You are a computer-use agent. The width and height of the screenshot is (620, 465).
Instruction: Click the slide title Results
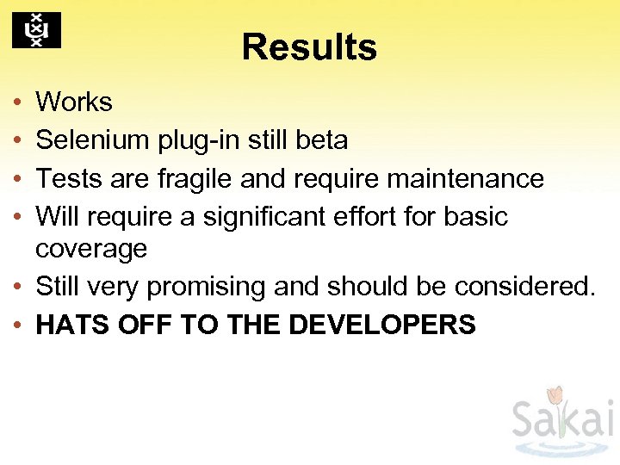[309, 47]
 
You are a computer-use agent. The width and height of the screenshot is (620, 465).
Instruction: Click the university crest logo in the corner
[36, 31]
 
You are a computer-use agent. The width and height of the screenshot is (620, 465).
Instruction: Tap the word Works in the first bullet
[74, 102]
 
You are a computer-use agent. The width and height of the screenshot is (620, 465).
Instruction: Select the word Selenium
[92, 140]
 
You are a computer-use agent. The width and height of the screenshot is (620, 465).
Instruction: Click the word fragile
[195, 179]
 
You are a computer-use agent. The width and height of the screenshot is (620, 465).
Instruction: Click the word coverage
[91, 250]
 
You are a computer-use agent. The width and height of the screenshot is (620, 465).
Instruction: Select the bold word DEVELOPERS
[382, 325]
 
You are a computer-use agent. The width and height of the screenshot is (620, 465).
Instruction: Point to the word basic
[476, 217]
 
